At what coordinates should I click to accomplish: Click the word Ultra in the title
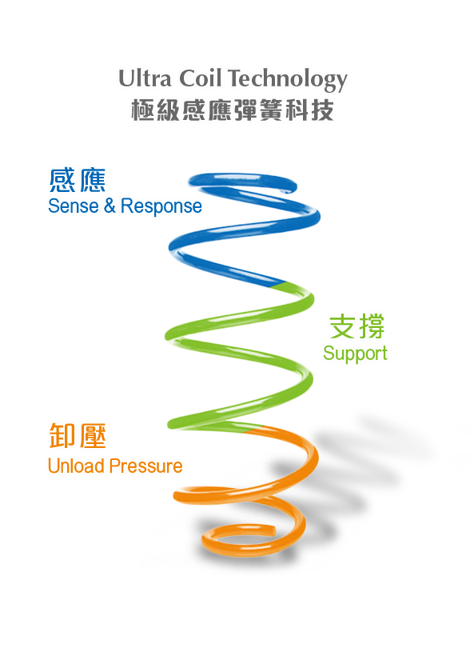pyautogui.click(x=145, y=78)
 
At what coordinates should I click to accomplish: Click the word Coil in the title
pyautogui.click(x=201, y=78)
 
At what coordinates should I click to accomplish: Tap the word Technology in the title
pyautogui.click(x=288, y=80)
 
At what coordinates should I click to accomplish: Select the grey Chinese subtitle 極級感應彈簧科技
pyautogui.click(x=233, y=110)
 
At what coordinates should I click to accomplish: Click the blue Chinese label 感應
pyautogui.click(x=78, y=180)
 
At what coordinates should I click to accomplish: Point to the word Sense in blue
pyautogui.click(x=73, y=206)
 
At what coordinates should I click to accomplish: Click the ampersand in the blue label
pyautogui.click(x=110, y=206)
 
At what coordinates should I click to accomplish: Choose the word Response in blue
pyautogui.click(x=161, y=206)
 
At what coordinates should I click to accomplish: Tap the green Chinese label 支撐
pyautogui.click(x=356, y=326)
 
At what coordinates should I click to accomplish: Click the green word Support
pyautogui.click(x=355, y=354)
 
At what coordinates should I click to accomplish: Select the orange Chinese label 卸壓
pyautogui.click(x=78, y=435)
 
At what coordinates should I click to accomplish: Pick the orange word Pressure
pyautogui.click(x=145, y=466)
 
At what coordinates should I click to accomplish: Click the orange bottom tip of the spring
pyautogui.click(x=273, y=530)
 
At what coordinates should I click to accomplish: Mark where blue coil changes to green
pyautogui.click(x=277, y=285)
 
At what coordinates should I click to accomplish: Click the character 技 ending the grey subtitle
pyautogui.click(x=322, y=110)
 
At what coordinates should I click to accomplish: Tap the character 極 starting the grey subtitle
pyautogui.click(x=142, y=110)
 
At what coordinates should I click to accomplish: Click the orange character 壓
pyautogui.click(x=93, y=435)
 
